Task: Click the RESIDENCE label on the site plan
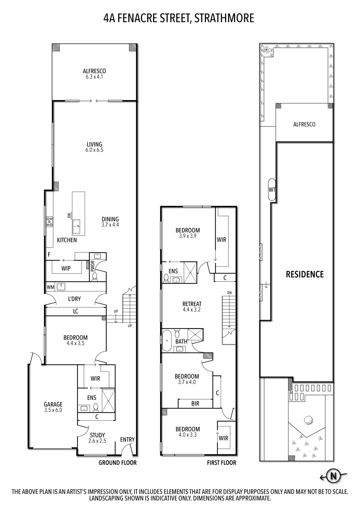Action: (x=305, y=274)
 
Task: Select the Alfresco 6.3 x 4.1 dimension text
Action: (x=94, y=77)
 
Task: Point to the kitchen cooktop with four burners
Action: (x=50, y=222)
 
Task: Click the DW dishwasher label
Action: (x=69, y=215)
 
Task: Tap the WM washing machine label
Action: (x=50, y=287)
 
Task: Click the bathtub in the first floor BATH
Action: (x=167, y=341)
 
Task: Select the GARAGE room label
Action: (x=53, y=404)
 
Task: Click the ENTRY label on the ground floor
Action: (x=127, y=439)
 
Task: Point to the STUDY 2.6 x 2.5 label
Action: (x=97, y=438)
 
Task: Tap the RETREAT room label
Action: (x=192, y=304)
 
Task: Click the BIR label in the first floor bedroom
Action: (x=195, y=403)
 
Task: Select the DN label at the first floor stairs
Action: (x=230, y=293)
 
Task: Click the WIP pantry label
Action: (x=66, y=268)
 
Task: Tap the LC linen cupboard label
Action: (x=75, y=311)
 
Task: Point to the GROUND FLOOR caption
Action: (x=118, y=463)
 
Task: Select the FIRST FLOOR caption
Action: (x=221, y=463)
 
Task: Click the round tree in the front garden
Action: (x=309, y=420)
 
